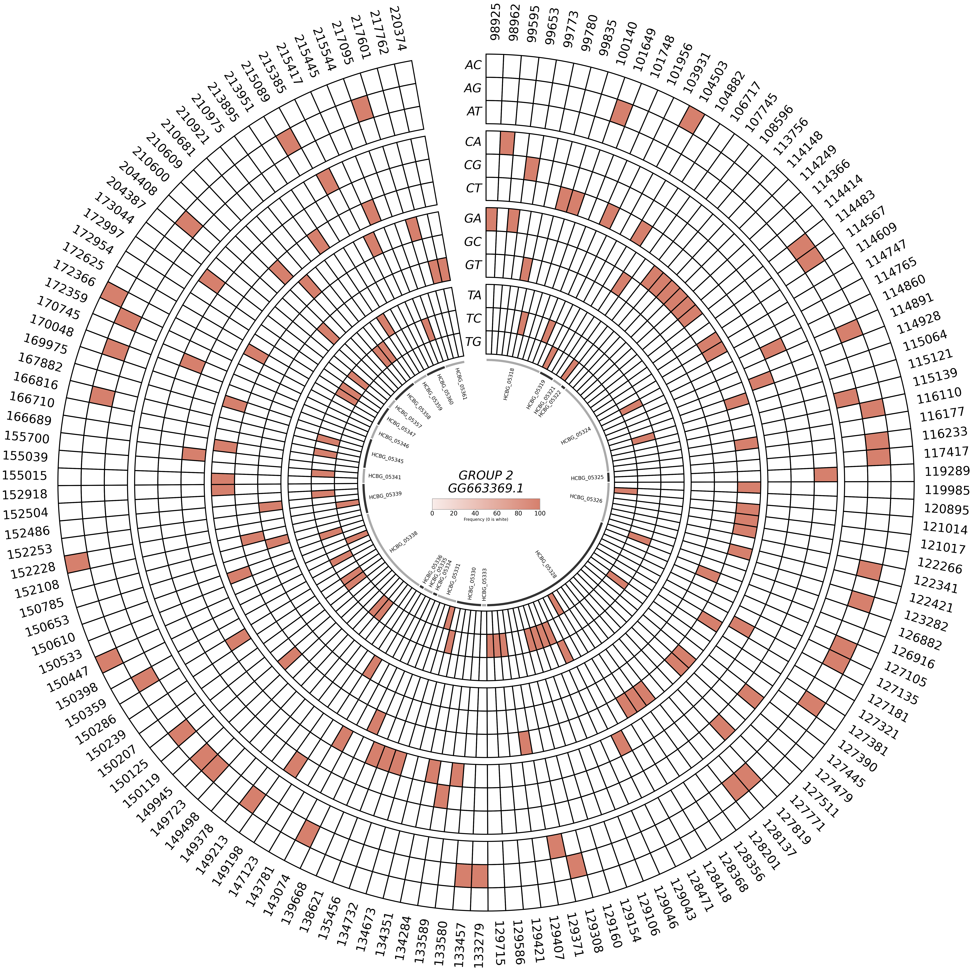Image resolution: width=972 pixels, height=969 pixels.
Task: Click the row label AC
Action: point(473,65)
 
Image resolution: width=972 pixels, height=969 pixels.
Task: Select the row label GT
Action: point(473,265)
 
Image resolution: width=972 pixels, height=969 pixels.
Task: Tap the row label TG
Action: point(473,342)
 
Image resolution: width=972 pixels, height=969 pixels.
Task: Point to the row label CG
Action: point(473,165)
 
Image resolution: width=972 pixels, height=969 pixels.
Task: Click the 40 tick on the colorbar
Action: point(475,513)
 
